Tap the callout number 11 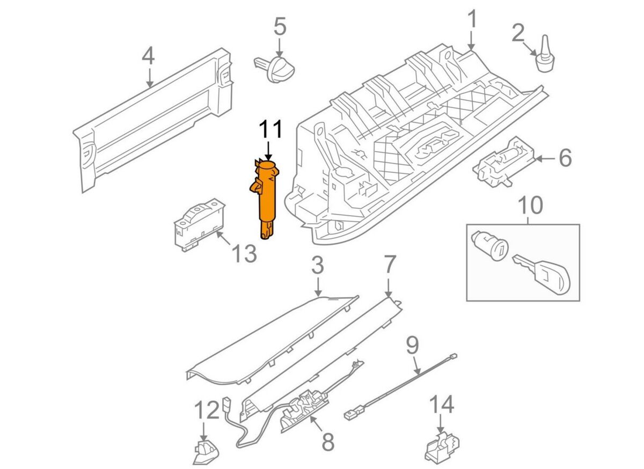click(x=270, y=131)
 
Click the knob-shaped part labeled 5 click(x=276, y=69)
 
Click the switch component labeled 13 click(x=197, y=225)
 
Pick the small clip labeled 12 click(x=204, y=452)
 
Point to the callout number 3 click(x=318, y=265)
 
